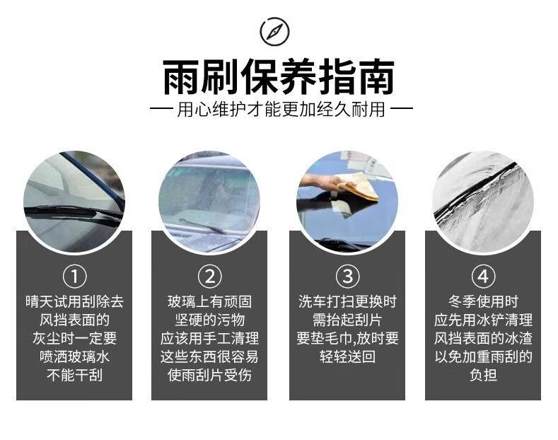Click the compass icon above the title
[x=274, y=31]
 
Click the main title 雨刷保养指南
[x=279, y=77]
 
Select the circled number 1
[x=75, y=277]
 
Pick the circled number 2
[x=209, y=277]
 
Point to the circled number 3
[x=348, y=277]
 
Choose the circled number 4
[x=483, y=277]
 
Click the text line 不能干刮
[x=75, y=375]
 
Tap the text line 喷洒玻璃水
[x=75, y=357]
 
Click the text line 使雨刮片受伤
[x=209, y=375]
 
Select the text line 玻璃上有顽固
[x=209, y=301]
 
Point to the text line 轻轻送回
[x=347, y=357]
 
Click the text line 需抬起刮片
[x=347, y=320]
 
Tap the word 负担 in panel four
[x=483, y=375]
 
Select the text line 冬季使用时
[x=483, y=301]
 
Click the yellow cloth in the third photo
[x=358, y=186]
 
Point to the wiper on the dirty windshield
[x=202, y=226]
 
